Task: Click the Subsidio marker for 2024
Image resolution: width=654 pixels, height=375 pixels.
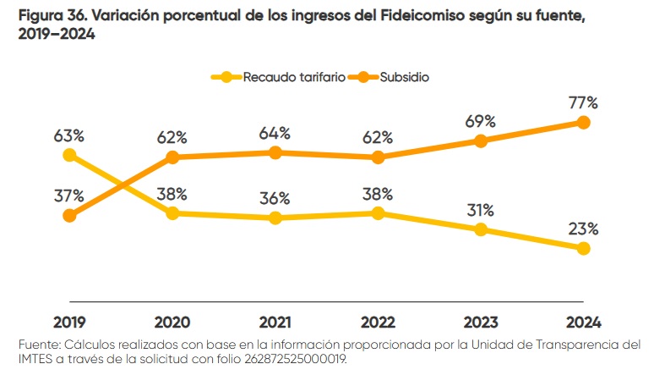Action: (x=583, y=122)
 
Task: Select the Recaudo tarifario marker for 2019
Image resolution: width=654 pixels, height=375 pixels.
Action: (x=69, y=155)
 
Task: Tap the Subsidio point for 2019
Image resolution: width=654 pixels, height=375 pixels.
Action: (x=69, y=216)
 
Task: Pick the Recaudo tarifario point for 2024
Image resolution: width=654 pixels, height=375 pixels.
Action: (x=583, y=249)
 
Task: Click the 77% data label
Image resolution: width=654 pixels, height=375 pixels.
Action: (x=583, y=102)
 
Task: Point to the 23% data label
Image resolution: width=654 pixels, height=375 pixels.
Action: (x=583, y=229)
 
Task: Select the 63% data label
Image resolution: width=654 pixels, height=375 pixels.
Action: (x=69, y=135)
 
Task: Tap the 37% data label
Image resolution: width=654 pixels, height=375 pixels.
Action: (x=69, y=196)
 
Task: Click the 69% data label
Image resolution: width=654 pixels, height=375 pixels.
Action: (x=481, y=121)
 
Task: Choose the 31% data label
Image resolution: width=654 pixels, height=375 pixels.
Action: (x=481, y=210)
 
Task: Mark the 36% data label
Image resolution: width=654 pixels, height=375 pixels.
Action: (x=275, y=198)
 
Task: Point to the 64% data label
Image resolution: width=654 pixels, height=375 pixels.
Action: (x=275, y=133)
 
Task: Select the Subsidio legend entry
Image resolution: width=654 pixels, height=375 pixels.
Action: (x=405, y=77)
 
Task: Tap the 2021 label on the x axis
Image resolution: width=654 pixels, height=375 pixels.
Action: (x=275, y=323)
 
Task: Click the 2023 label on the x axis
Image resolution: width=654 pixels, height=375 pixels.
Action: (x=481, y=323)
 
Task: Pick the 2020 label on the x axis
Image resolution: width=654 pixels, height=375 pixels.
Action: (x=172, y=323)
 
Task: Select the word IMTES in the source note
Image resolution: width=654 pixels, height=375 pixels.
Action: (x=36, y=358)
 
